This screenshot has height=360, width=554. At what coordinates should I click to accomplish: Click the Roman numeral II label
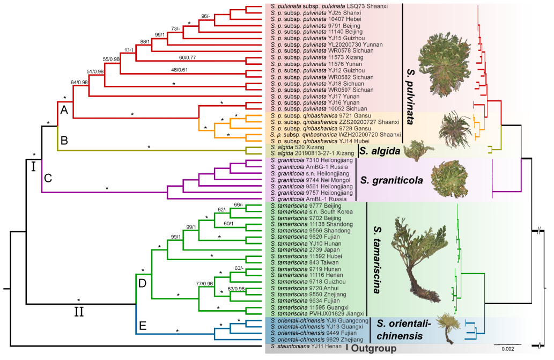tap(78, 311)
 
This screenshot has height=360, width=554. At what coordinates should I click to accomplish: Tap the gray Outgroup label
tap(374, 349)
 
